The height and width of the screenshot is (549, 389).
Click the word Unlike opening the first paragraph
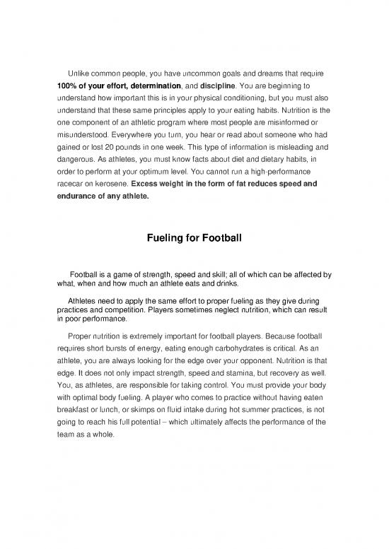(80, 74)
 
